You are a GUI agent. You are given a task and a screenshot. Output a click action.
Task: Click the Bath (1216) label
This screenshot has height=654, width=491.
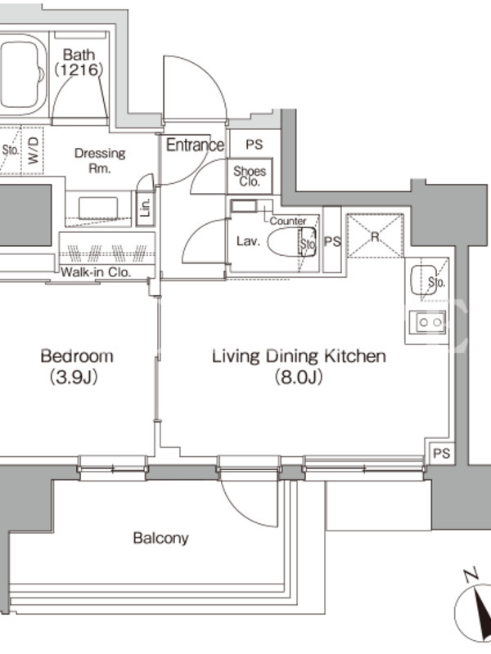79,62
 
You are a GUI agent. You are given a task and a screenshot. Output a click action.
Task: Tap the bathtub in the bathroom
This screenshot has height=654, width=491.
22,75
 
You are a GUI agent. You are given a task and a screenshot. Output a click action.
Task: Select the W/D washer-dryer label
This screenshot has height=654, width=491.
33,150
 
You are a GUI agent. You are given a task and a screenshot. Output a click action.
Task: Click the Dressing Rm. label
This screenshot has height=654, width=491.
100,160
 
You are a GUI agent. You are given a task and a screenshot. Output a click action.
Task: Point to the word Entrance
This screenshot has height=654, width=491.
195,145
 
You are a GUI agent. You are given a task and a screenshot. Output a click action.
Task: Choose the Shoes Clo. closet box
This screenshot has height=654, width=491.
250,176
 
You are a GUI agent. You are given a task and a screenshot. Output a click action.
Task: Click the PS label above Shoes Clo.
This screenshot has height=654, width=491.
254,145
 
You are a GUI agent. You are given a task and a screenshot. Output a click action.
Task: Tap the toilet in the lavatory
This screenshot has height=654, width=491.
291,242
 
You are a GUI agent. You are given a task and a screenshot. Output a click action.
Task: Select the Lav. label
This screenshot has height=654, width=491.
249,241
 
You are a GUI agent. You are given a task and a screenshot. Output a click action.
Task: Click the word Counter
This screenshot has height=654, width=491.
288,221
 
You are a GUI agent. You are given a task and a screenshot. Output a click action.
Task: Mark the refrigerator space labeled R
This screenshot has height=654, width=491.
375,235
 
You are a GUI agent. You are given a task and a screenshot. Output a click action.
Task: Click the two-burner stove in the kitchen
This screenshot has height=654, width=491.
427,322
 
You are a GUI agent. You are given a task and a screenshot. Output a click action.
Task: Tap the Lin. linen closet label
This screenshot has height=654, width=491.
146,208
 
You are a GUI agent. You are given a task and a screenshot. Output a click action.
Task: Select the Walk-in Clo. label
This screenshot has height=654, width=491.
96,272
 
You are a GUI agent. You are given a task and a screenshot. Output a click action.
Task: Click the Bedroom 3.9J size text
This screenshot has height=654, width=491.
74,377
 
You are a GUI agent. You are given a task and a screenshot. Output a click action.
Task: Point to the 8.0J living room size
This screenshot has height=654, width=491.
298,377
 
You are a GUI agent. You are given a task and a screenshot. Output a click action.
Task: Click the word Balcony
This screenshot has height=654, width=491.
160,538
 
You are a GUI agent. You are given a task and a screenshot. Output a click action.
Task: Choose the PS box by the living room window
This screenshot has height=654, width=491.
440,452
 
